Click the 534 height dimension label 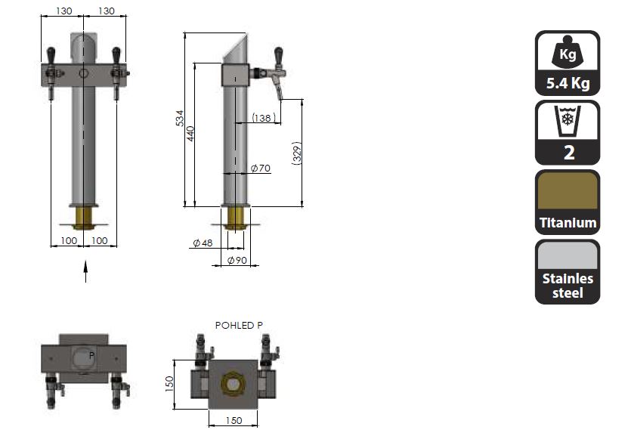point(180,118)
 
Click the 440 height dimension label point(190,134)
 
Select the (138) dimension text point(264,118)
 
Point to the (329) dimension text point(297,153)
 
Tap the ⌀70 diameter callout point(261,169)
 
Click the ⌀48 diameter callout point(203,243)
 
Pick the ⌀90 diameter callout point(237,260)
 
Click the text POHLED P point(239,325)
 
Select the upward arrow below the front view point(85,271)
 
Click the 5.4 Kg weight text point(568,83)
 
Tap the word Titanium point(568,223)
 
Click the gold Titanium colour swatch point(568,191)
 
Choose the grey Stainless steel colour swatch point(568,255)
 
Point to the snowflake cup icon point(568,121)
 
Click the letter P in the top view point(91,355)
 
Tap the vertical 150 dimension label point(169,384)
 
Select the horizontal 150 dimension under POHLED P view point(234,421)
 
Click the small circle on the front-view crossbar point(83,73)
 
